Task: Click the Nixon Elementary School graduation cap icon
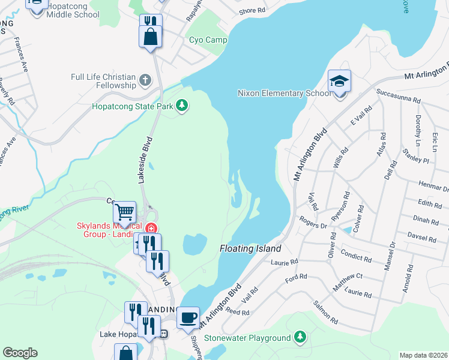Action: [339, 81]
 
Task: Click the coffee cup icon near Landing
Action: [187, 317]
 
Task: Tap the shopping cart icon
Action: [124, 212]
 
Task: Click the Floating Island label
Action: [250, 248]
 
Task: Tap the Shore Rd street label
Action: [252, 11]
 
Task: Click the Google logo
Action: [20, 353]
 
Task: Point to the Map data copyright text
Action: [423, 355]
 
